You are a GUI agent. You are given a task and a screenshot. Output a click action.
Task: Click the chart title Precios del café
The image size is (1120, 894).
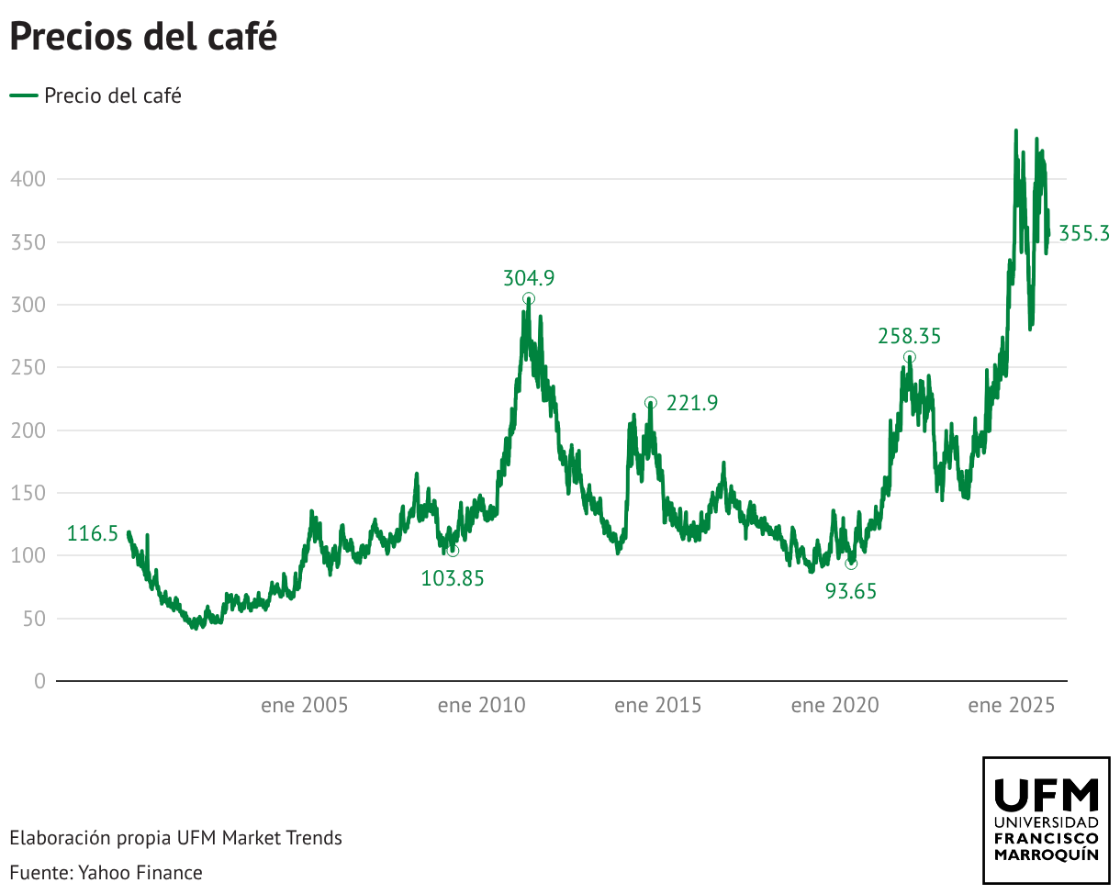143,38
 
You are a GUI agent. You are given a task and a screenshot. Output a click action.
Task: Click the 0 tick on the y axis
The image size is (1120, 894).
39,681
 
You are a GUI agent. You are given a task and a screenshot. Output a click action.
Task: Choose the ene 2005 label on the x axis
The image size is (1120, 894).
305,706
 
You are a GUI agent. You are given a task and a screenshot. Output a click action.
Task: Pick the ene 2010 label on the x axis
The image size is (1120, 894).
481,706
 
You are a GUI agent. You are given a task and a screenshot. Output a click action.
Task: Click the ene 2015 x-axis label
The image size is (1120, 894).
657,706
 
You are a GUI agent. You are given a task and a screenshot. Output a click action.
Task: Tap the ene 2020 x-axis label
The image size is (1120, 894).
834,706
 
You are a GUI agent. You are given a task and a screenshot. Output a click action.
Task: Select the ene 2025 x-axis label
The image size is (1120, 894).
1012,706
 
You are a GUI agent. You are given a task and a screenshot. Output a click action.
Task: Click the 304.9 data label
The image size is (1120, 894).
529,278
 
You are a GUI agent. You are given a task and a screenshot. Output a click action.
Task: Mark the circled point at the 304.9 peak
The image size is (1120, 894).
529,299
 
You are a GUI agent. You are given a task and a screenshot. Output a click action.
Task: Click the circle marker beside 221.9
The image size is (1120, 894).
651,403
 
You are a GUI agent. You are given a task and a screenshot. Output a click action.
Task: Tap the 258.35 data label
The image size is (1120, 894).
910,337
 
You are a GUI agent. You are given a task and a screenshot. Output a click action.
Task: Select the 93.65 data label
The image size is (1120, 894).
851,592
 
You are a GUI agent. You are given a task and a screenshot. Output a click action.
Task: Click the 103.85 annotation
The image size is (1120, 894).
453,578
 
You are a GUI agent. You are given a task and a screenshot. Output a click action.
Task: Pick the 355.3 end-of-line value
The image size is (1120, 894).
1084,234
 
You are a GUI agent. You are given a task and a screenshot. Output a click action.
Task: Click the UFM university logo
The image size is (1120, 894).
1047,820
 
